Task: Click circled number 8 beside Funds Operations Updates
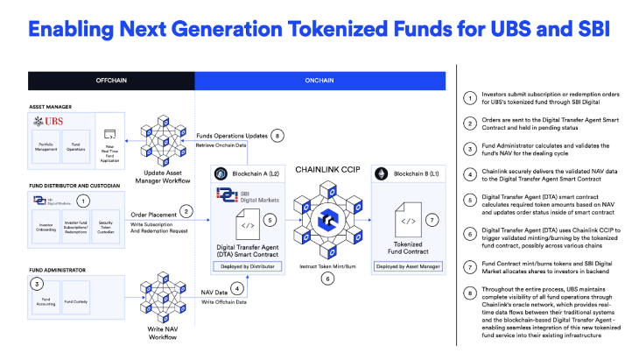click(277, 136)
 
